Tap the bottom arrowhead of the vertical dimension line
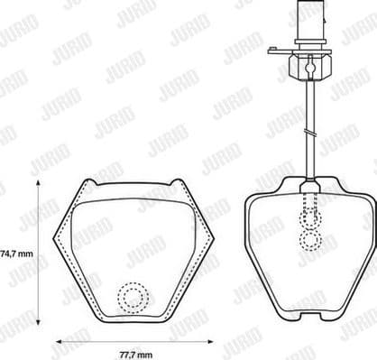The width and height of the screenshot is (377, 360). point(38,324)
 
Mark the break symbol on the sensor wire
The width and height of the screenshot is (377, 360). point(308,134)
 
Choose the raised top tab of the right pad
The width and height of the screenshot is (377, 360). point(311,184)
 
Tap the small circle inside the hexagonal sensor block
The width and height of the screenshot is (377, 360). point(308,65)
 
